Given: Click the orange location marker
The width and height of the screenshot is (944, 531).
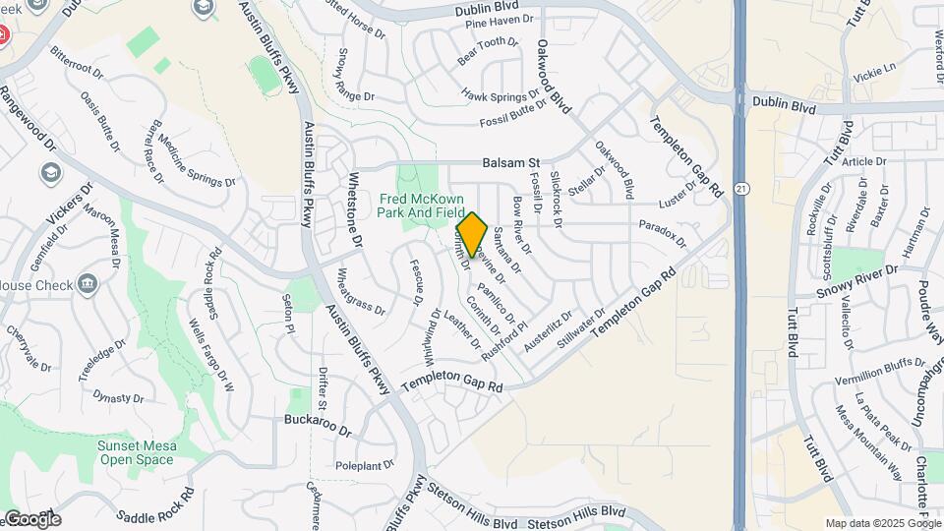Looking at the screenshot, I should point(472,234).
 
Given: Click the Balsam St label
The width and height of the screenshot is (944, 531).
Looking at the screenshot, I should point(511,162).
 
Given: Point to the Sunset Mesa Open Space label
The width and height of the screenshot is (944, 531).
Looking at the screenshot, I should point(137,452).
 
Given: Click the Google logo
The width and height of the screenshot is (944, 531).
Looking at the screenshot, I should point(31,519).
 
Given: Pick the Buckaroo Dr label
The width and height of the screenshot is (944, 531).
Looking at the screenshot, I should point(317,425).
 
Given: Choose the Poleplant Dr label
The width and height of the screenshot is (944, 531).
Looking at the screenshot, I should point(364,465).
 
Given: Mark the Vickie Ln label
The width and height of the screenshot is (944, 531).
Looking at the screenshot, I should point(875,72).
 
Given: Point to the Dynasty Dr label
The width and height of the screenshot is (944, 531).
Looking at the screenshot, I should point(118,397).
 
